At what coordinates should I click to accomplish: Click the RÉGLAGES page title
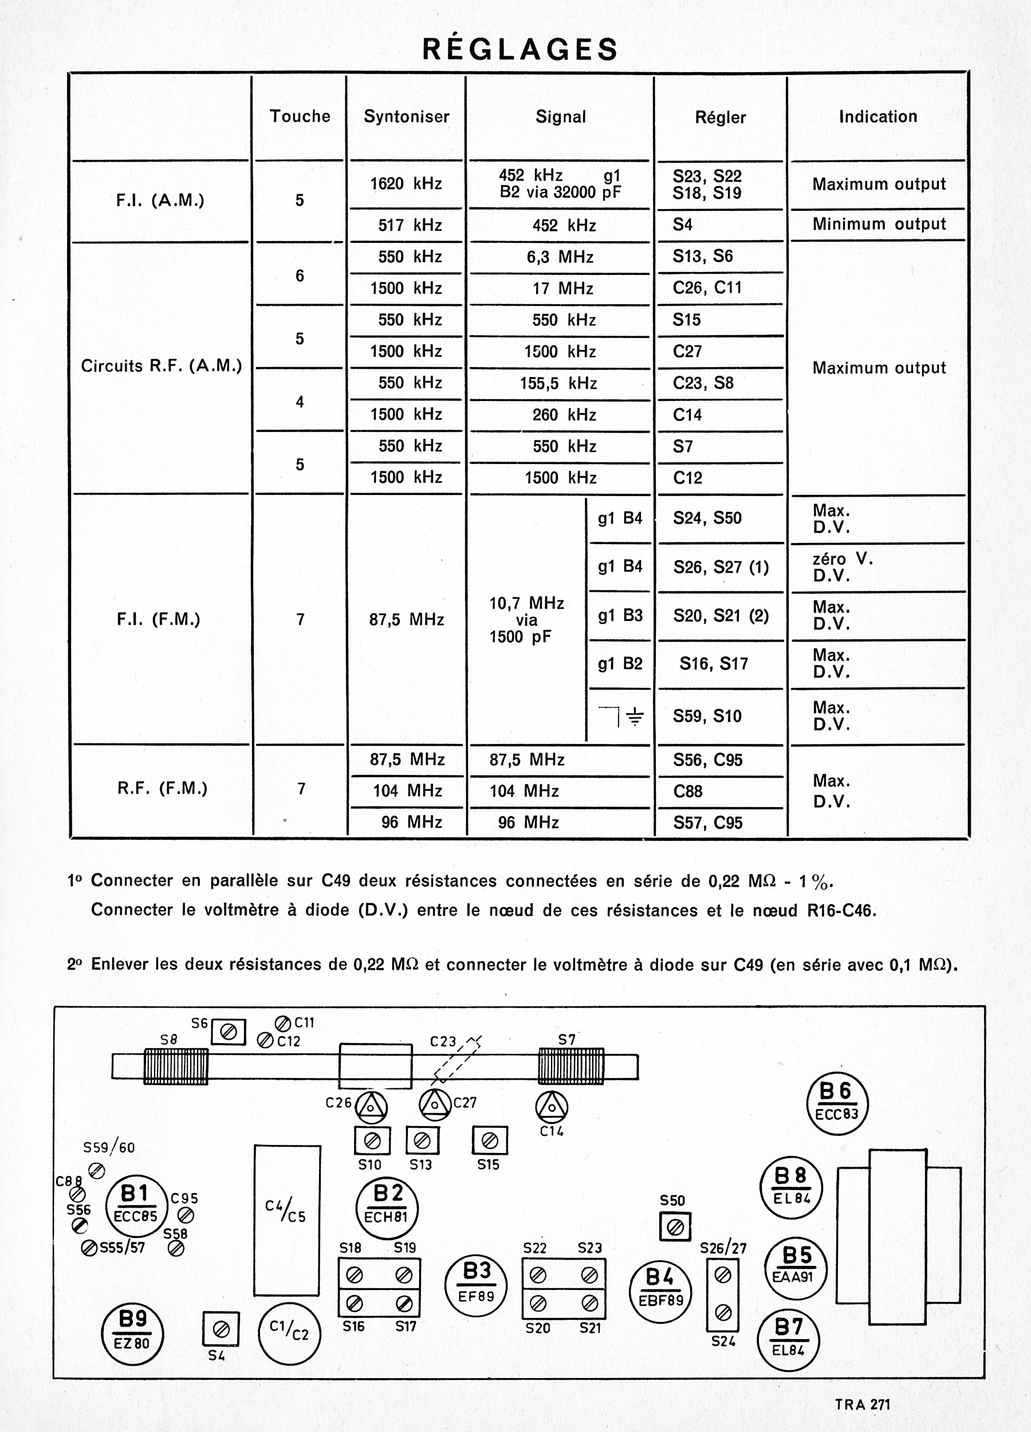(x=520, y=49)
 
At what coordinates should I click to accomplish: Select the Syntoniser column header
(x=406, y=117)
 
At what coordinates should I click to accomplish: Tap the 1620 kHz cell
(x=406, y=184)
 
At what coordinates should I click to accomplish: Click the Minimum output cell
(x=878, y=224)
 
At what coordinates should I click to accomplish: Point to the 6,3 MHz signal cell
(x=560, y=257)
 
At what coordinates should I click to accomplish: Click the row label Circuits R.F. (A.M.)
(x=161, y=366)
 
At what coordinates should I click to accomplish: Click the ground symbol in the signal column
(x=635, y=716)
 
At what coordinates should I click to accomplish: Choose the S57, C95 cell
(x=707, y=823)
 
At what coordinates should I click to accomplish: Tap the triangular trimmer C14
(x=551, y=1107)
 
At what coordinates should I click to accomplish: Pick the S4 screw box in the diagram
(x=221, y=1329)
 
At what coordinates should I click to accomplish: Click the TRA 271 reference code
(x=862, y=1404)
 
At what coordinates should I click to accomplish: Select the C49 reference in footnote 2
(x=747, y=965)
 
